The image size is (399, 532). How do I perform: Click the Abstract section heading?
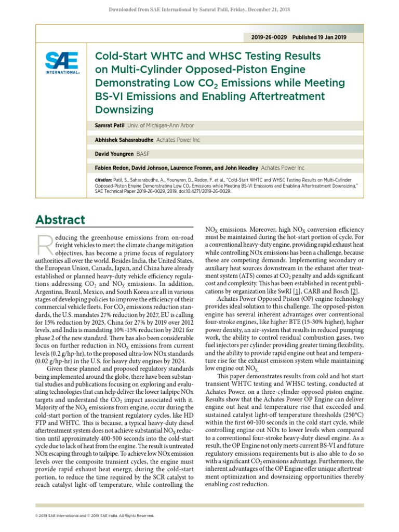pos(60,219)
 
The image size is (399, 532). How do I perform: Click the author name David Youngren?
pos(113,154)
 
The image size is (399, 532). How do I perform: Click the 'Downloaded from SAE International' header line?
pos(199,10)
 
